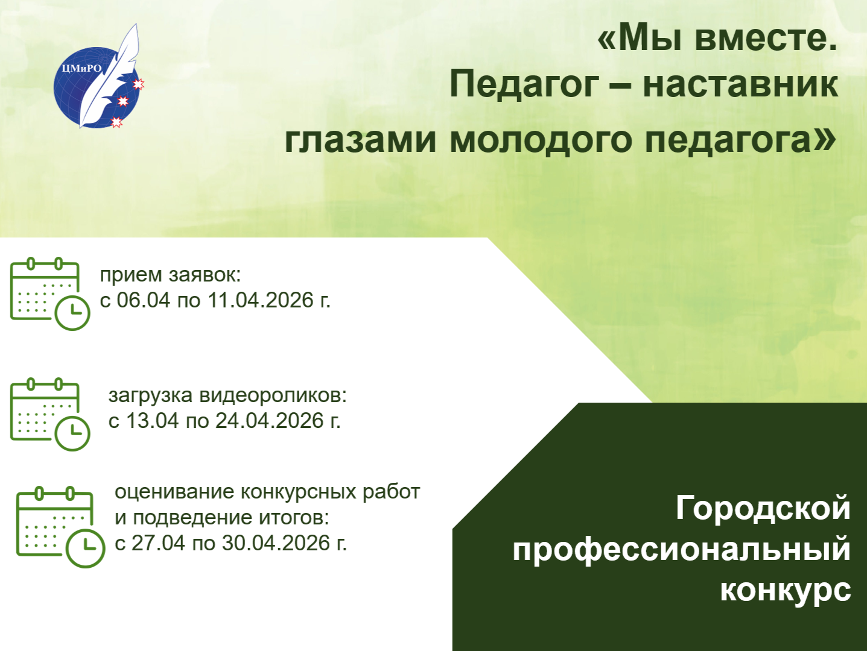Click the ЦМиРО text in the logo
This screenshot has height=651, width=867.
(82, 68)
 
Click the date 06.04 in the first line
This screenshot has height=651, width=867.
(144, 301)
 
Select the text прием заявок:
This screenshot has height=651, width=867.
(170, 275)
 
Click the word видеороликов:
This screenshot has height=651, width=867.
(273, 395)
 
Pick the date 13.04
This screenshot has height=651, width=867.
(153, 421)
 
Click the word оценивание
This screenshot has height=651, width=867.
(174, 492)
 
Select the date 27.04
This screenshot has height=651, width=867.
(159, 544)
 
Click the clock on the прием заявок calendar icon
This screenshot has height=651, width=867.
(72, 312)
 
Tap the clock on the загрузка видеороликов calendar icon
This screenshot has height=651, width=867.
(72, 433)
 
